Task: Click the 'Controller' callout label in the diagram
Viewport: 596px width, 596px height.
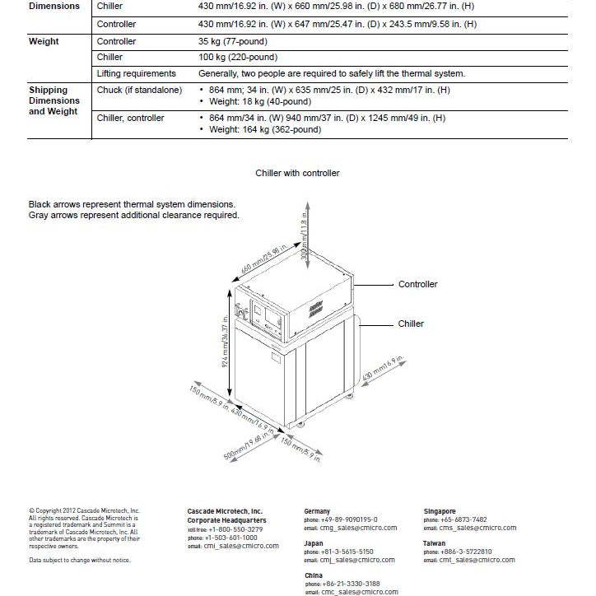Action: [x=417, y=284]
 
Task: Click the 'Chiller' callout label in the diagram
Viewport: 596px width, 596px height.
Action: [x=411, y=324]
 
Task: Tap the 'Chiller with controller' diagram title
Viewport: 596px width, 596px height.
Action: [x=297, y=174]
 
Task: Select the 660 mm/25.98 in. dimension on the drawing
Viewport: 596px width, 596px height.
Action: [x=265, y=260]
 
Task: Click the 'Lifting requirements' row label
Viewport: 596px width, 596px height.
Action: [x=136, y=74]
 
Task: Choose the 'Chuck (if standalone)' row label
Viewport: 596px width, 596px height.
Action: [x=139, y=90]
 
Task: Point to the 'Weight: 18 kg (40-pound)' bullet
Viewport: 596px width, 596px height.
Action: [x=260, y=101]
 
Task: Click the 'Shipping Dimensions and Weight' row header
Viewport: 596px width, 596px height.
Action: [x=54, y=100]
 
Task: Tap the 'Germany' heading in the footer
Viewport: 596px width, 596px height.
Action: [x=318, y=511]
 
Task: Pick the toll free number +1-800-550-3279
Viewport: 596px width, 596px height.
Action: [x=221, y=529]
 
